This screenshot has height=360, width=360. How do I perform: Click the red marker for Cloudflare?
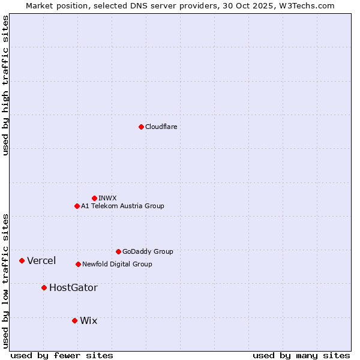[141, 127]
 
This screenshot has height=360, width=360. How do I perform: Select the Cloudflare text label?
[161, 127]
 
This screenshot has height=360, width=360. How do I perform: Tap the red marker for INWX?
[94, 198]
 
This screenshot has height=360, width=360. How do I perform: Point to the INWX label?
[108, 198]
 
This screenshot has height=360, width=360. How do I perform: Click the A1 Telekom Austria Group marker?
[77, 206]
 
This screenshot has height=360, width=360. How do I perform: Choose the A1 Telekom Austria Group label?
[122, 206]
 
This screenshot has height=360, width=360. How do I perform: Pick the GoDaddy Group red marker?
[118, 251]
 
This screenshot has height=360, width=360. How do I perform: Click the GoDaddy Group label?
[148, 251]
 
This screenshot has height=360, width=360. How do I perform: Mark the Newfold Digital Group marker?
[78, 264]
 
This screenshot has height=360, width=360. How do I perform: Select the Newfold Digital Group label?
[117, 264]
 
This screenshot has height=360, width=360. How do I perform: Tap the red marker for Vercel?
[22, 260]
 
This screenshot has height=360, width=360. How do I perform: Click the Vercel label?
[41, 260]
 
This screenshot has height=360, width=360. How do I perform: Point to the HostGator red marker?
[44, 287]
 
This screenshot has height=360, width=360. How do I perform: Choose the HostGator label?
[73, 287]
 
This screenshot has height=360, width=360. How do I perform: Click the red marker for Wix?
[74, 320]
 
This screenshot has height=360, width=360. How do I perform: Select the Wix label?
[88, 320]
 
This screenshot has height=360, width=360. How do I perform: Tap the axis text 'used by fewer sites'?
[62, 355]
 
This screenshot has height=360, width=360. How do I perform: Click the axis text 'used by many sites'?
[301, 355]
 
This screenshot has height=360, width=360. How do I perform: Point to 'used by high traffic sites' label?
[5, 86]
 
